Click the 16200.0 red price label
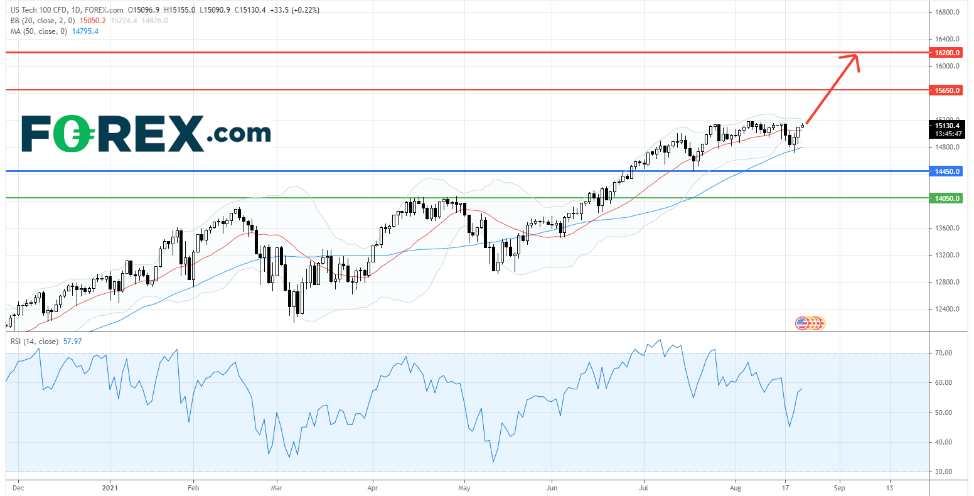click(x=947, y=53)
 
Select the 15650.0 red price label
click(x=947, y=90)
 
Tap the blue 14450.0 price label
click(x=947, y=171)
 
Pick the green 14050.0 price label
click(x=947, y=198)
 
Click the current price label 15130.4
click(x=947, y=126)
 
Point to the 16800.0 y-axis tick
click(x=947, y=13)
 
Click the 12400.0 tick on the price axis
click(x=947, y=309)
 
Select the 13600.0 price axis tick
click(x=947, y=228)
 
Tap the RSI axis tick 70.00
click(x=944, y=353)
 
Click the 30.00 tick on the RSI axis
click(x=944, y=472)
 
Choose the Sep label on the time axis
click(x=839, y=487)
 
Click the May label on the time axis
click(x=464, y=487)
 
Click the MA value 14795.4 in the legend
click(x=85, y=31)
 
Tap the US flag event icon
click(x=801, y=323)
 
